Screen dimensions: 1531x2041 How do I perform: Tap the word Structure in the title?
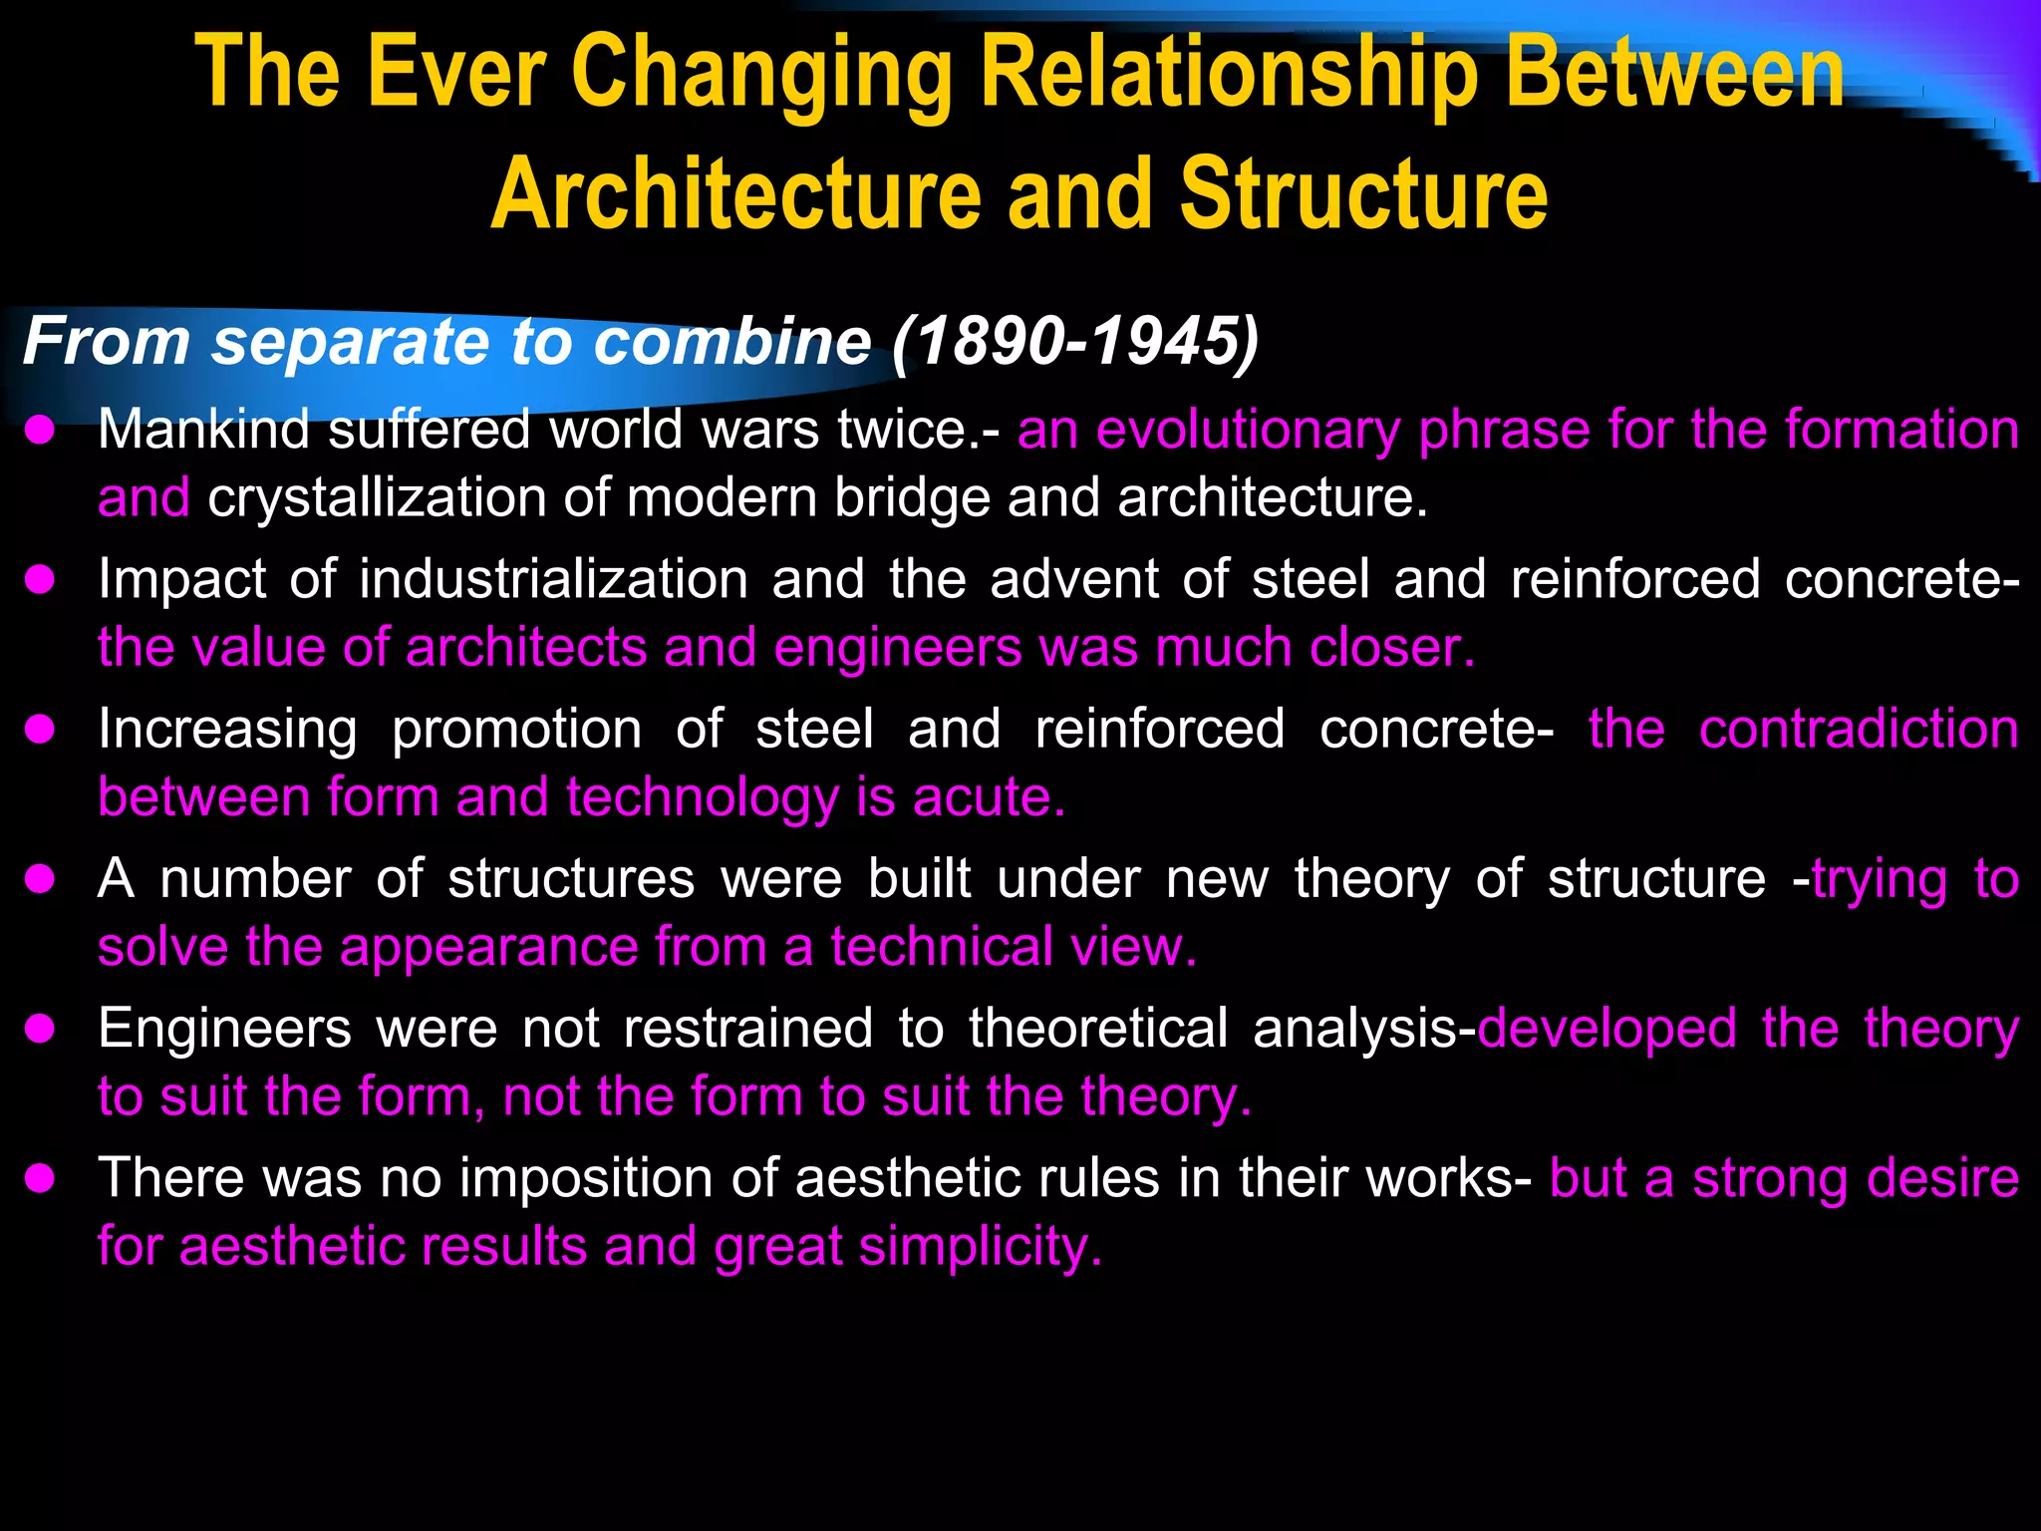pos(1363,194)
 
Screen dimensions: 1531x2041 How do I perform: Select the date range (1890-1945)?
pos(1075,342)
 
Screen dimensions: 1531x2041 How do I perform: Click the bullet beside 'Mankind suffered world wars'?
pos(40,431)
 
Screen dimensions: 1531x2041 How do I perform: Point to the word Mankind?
pos(203,431)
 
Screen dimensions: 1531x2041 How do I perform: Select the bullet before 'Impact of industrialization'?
pos(40,580)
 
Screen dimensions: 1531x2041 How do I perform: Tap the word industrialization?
pos(553,580)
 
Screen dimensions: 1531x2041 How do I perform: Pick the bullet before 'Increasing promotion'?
pos(40,730)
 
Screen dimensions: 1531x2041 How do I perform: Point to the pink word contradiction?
pos(1859,730)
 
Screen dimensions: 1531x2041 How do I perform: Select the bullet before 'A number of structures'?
pos(40,879)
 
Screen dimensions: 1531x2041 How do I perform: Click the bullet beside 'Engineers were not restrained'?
pos(40,1029)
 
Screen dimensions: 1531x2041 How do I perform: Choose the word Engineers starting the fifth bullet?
pos(224,1029)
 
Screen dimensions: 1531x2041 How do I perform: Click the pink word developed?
pos(1606,1029)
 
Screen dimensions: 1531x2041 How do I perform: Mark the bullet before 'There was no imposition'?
pos(40,1179)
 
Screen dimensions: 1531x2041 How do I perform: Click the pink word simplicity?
pos(981,1247)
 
